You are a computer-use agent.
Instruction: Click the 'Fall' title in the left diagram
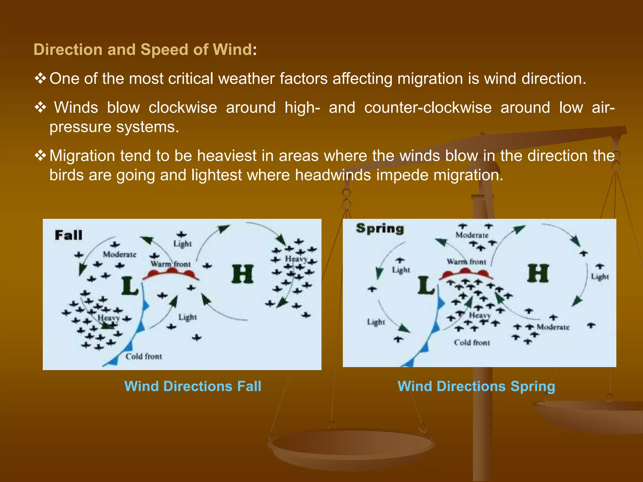click(68, 235)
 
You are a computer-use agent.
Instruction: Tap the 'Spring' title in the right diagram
click(380, 229)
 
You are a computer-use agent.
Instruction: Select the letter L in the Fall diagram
click(130, 286)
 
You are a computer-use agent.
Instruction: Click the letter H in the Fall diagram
click(242, 274)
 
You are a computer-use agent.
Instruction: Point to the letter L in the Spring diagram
click(426, 285)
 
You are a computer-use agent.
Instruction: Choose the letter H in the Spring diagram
click(538, 273)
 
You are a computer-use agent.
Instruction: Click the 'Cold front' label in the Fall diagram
click(144, 356)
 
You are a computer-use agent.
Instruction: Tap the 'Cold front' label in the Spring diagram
click(472, 343)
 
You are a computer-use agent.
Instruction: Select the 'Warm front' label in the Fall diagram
click(171, 264)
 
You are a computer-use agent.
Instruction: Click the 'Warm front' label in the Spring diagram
click(467, 261)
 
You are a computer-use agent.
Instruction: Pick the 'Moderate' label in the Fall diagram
click(120, 254)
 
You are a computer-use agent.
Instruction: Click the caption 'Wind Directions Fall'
click(193, 386)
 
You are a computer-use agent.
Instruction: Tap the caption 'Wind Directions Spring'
click(476, 386)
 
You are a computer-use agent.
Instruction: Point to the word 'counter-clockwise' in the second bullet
click(428, 108)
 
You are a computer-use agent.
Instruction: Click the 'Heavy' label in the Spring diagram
click(480, 315)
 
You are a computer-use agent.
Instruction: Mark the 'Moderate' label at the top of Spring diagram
click(472, 235)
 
